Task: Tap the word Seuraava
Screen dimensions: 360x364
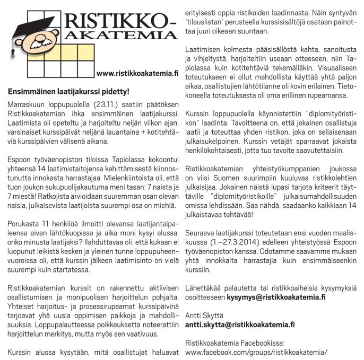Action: click(x=200, y=253)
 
